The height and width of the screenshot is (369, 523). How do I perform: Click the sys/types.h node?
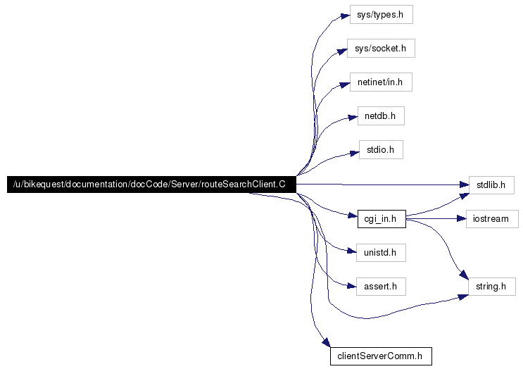pos(382,14)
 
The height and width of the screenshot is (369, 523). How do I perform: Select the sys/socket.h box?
pos(381,49)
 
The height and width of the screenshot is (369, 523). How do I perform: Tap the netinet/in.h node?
pos(381,82)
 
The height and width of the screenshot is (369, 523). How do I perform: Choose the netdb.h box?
pos(381,115)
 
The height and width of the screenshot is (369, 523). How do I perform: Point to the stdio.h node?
pos(381,149)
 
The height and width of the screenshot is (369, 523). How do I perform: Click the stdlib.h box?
pos(491,184)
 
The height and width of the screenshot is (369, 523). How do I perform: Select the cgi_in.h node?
pos(382,219)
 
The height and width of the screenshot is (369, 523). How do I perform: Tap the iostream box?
pos(492,219)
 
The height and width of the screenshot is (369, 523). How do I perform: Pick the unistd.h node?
pos(381,253)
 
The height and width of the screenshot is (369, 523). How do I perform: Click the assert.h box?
pos(381,287)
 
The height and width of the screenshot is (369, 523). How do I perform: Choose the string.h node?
pos(492,287)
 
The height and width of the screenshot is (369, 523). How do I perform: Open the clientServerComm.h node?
pos(381,356)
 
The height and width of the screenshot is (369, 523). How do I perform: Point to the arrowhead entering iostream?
pos(461,219)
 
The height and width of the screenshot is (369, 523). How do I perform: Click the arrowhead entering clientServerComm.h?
pos(326,343)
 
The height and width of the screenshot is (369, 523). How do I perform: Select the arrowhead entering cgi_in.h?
pos(353,215)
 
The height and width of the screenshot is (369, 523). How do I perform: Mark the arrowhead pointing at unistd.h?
pos(352,251)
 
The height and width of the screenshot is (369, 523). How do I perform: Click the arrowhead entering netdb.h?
pos(353,118)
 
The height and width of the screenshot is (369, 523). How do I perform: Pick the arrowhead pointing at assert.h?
pos(352,286)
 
